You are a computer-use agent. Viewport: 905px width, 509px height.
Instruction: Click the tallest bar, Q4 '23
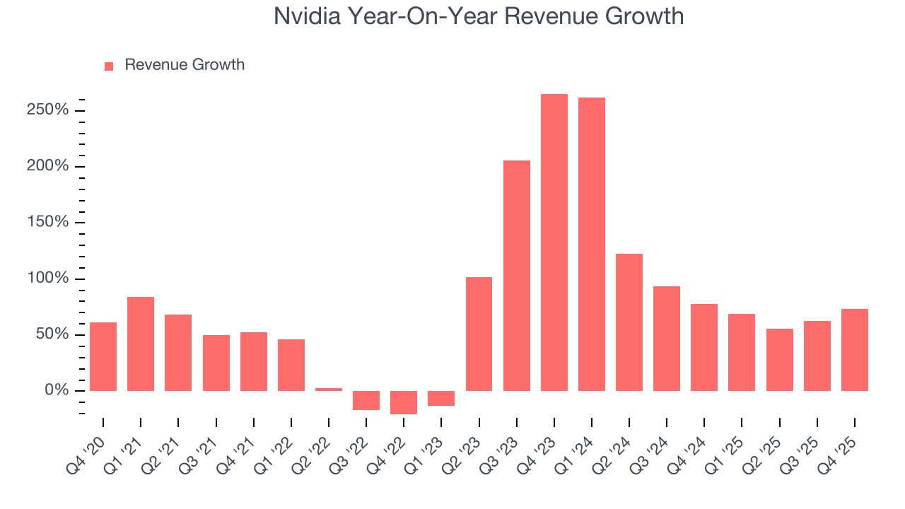(x=554, y=242)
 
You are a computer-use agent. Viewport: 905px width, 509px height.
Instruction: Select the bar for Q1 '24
(x=592, y=244)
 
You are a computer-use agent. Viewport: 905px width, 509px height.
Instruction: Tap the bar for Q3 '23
(x=517, y=276)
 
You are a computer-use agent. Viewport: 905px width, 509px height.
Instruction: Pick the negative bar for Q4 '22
(x=404, y=402)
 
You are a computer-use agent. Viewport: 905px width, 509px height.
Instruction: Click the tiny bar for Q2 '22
(x=329, y=390)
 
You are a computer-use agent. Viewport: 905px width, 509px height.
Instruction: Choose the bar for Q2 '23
(x=479, y=334)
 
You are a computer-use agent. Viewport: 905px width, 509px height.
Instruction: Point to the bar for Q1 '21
(x=141, y=344)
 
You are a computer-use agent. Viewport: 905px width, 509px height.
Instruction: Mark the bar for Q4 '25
(x=855, y=350)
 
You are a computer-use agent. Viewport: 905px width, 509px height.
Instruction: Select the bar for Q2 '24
(x=629, y=322)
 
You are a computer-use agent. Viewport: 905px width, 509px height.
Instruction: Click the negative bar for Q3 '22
(x=366, y=400)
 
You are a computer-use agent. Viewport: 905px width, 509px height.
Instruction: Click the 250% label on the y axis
(x=49, y=110)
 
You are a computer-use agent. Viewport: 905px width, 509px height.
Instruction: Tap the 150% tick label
(x=49, y=223)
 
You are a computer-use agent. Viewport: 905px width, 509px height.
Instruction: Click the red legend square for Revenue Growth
(x=109, y=66)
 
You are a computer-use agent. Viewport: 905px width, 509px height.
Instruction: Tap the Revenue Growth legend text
(x=185, y=65)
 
